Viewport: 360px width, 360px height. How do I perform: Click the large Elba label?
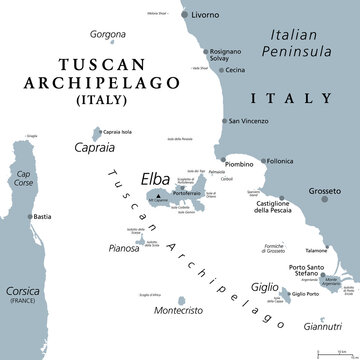(162, 170)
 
